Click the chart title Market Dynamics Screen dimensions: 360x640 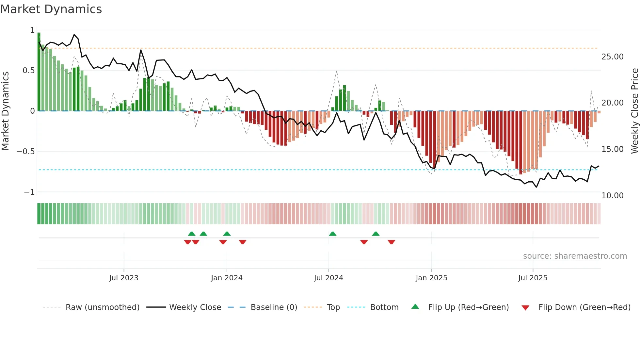[x=51, y=9]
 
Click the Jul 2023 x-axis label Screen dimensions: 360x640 [x=124, y=278]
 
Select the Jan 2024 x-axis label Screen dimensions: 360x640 [x=227, y=278]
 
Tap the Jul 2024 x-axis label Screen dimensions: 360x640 [x=328, y=278]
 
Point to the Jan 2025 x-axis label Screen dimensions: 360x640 [x=431, y=278]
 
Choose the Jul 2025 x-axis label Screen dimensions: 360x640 [x=533, y=278]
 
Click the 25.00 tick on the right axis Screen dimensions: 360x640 [x=612, y=57]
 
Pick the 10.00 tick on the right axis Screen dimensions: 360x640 [x=612, y=196]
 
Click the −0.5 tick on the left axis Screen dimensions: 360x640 [x=25, y=152]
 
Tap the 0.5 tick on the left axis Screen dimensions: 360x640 [x=28, y=71]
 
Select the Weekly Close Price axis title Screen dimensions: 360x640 [x=634, y=111]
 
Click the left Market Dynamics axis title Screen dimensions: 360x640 [x=5, y=111]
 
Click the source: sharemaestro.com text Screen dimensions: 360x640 [x=575, y=256]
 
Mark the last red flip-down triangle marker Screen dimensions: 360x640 [x=392, y=242]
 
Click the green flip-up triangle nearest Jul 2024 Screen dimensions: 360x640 [x=332, y=234]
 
